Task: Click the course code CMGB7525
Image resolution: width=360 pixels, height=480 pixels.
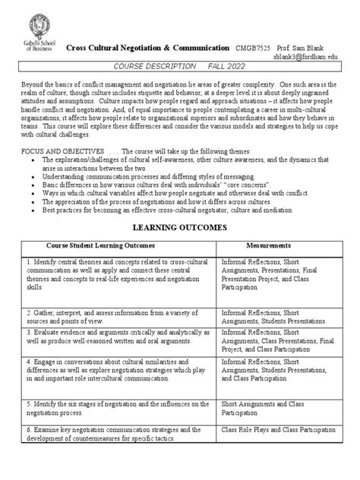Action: (254, 47)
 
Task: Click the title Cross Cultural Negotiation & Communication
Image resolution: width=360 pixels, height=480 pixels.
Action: (147, 47)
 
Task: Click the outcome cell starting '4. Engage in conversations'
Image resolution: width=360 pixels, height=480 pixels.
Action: (99, 377)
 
